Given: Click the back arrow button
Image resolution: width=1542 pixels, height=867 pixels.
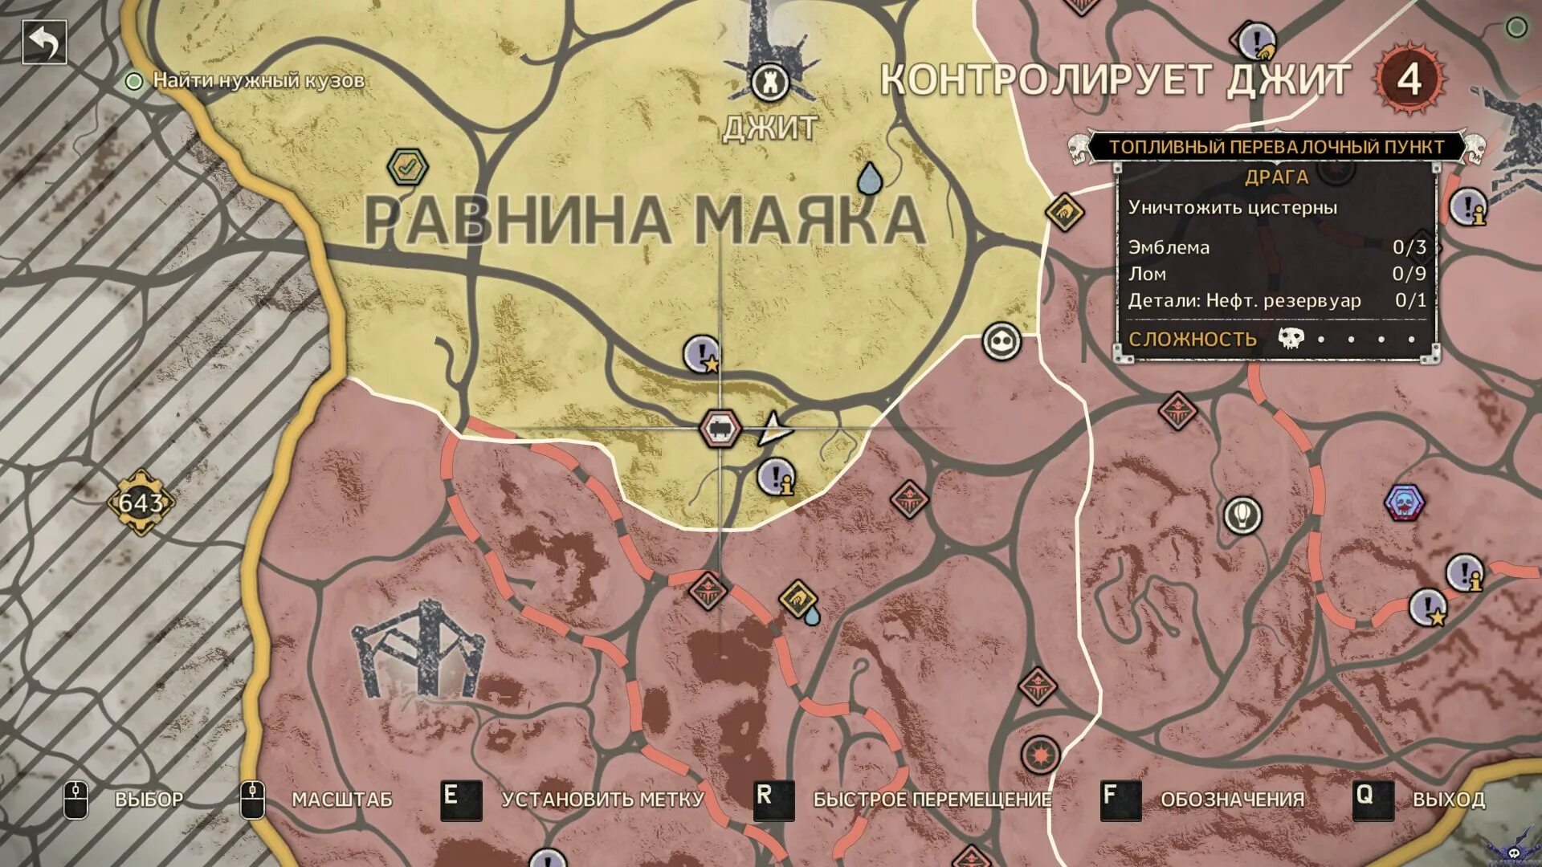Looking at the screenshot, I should (x=44, y=42).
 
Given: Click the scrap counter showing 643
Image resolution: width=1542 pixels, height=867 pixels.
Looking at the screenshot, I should (x=141, y=503).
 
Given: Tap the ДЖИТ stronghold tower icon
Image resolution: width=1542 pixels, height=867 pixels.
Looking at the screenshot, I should (x=769, y=81).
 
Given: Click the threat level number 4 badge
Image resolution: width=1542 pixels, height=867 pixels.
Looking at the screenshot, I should (x=1409, y=79).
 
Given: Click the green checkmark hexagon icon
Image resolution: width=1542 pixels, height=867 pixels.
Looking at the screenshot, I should (x=408, y=167).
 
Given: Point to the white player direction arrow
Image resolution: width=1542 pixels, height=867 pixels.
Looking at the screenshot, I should (x=773, y=429).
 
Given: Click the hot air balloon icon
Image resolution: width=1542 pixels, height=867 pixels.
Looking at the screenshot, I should (x=1242, y=515).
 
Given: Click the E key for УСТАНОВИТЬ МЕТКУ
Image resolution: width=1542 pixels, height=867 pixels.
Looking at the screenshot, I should (x=460, y=799).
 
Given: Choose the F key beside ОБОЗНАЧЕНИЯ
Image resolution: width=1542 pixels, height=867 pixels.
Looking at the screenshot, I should (x=1120, y=799).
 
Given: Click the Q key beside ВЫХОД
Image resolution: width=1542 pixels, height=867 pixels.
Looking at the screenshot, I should (x=1372, y=799).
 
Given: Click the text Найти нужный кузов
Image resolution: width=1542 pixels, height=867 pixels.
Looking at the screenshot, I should (x=259, y=80).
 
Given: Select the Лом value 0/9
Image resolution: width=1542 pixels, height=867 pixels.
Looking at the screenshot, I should (x=1409, y=274).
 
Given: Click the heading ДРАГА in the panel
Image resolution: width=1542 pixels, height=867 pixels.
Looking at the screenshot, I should (x=1276, y=177).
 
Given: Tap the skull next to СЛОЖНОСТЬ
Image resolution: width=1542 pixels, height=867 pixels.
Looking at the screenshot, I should (x=1291, y=338).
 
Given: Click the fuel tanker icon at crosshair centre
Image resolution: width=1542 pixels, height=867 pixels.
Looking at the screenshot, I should (x=719, y=428).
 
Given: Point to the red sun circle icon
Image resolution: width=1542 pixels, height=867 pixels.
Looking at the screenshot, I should (x=1040, y=755).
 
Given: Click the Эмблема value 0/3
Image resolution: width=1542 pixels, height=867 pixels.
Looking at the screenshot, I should (x=1409, y=247).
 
